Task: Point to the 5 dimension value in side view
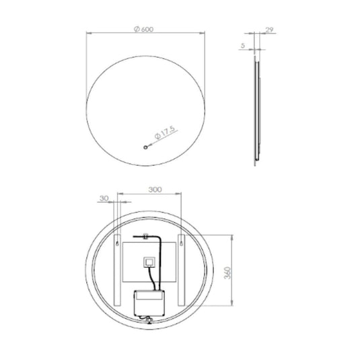(243, 46)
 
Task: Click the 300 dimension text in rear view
(155, 190)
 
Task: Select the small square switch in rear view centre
(150, 262)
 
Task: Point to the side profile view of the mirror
(256, 108)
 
